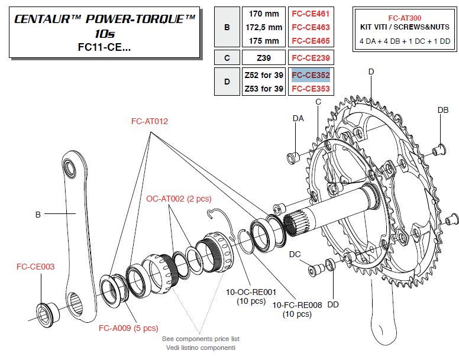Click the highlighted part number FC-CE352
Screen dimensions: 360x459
coord(310,75)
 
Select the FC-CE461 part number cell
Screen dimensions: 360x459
coord(310,13)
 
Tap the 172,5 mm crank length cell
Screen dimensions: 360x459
coord(263,27)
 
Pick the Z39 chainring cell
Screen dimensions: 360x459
coord(263,58)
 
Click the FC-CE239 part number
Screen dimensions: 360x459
coord(310,58)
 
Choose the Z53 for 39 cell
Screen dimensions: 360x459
coord(263,89)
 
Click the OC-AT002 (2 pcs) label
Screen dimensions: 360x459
coord(179,199)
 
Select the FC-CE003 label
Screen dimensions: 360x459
coord(35,267)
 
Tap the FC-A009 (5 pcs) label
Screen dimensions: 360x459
coord(128,327)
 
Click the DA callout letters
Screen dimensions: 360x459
coord(298,119)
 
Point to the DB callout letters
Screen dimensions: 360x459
coord(442,110)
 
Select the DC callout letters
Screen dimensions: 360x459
coord(295,254)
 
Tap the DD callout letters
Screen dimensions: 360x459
coord(333,304)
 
